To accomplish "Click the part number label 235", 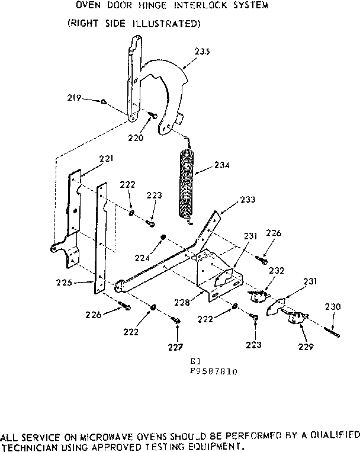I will [x=202, y=52].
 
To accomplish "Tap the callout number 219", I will [x=73, y=99].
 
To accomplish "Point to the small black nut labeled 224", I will [x=162, y=238].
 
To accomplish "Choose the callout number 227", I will [x=177, y=347].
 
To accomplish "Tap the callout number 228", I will [x=182, y=302].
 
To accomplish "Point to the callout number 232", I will [x=276, y=271].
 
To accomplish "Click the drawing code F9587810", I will [x=214, y=371].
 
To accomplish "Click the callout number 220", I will [x=136, y=138].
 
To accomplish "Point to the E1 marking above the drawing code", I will [x=193, y=361].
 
